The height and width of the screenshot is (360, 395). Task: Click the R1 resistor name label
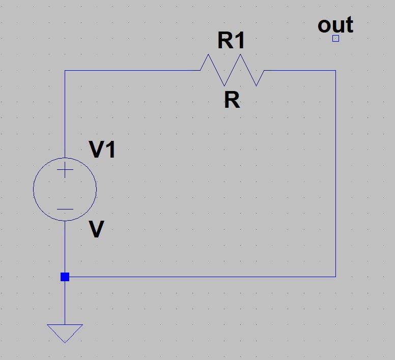tap(232, 41)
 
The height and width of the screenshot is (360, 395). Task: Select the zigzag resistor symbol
tap(232, 70)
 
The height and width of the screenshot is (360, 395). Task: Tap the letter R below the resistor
tap(232, 101)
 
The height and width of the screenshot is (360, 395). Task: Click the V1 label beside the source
tap(102, 150)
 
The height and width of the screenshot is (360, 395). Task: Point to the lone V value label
tap(96, 230)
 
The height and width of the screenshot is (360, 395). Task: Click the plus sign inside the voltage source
tap(65, 170)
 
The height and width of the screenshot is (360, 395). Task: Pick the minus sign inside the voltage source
tap(65, 209)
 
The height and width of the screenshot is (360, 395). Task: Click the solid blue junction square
tap(65, 277)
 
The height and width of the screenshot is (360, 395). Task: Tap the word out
tap(335, 25)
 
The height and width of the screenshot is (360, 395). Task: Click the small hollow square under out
tap(335, 38)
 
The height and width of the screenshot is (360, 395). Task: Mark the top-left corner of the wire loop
tap(65, 71)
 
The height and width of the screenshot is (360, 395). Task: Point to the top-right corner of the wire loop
tap(335, 71)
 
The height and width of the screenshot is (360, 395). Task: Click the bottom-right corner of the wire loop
tap(335, 277)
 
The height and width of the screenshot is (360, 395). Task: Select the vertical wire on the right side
tap(335, 173)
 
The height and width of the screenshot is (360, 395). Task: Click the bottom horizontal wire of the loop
tap(204, 277)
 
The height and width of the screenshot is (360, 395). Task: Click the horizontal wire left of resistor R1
tap(132, 71)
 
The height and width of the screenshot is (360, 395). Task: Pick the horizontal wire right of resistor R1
tap(300, 71)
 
